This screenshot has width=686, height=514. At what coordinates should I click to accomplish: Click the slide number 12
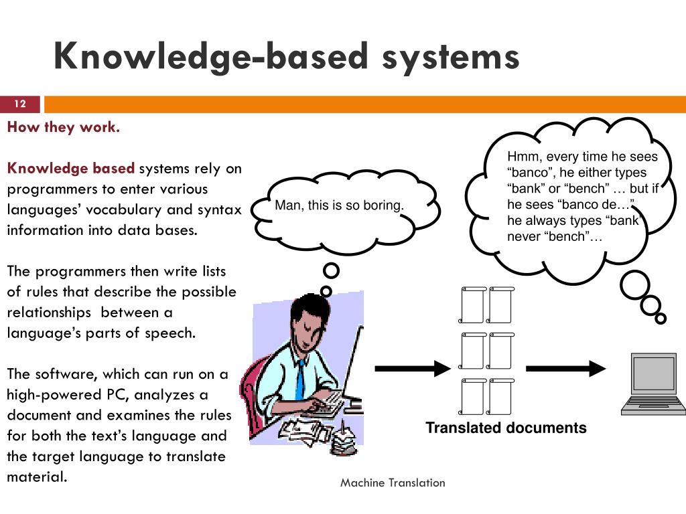(20, 104)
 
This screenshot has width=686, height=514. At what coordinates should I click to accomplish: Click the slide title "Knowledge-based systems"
(287, 56)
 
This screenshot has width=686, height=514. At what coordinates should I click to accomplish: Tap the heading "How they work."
(64, 127)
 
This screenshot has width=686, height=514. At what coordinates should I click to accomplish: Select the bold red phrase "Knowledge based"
(71, 168)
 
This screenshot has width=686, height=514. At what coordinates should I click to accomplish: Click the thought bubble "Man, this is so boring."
(340, 205)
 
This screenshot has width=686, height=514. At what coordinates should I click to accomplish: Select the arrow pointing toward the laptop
(565, 368)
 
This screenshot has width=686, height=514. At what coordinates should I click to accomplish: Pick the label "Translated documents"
(506, 428)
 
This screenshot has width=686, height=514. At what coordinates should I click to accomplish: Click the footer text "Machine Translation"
(393, 483)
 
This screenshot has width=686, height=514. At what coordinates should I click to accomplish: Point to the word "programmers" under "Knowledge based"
(40, 189)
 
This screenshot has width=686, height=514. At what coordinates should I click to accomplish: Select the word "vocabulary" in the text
(129, 209)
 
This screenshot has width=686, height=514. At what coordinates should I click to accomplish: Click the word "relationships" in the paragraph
(49, 313)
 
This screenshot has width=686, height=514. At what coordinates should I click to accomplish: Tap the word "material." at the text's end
(37, 477)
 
